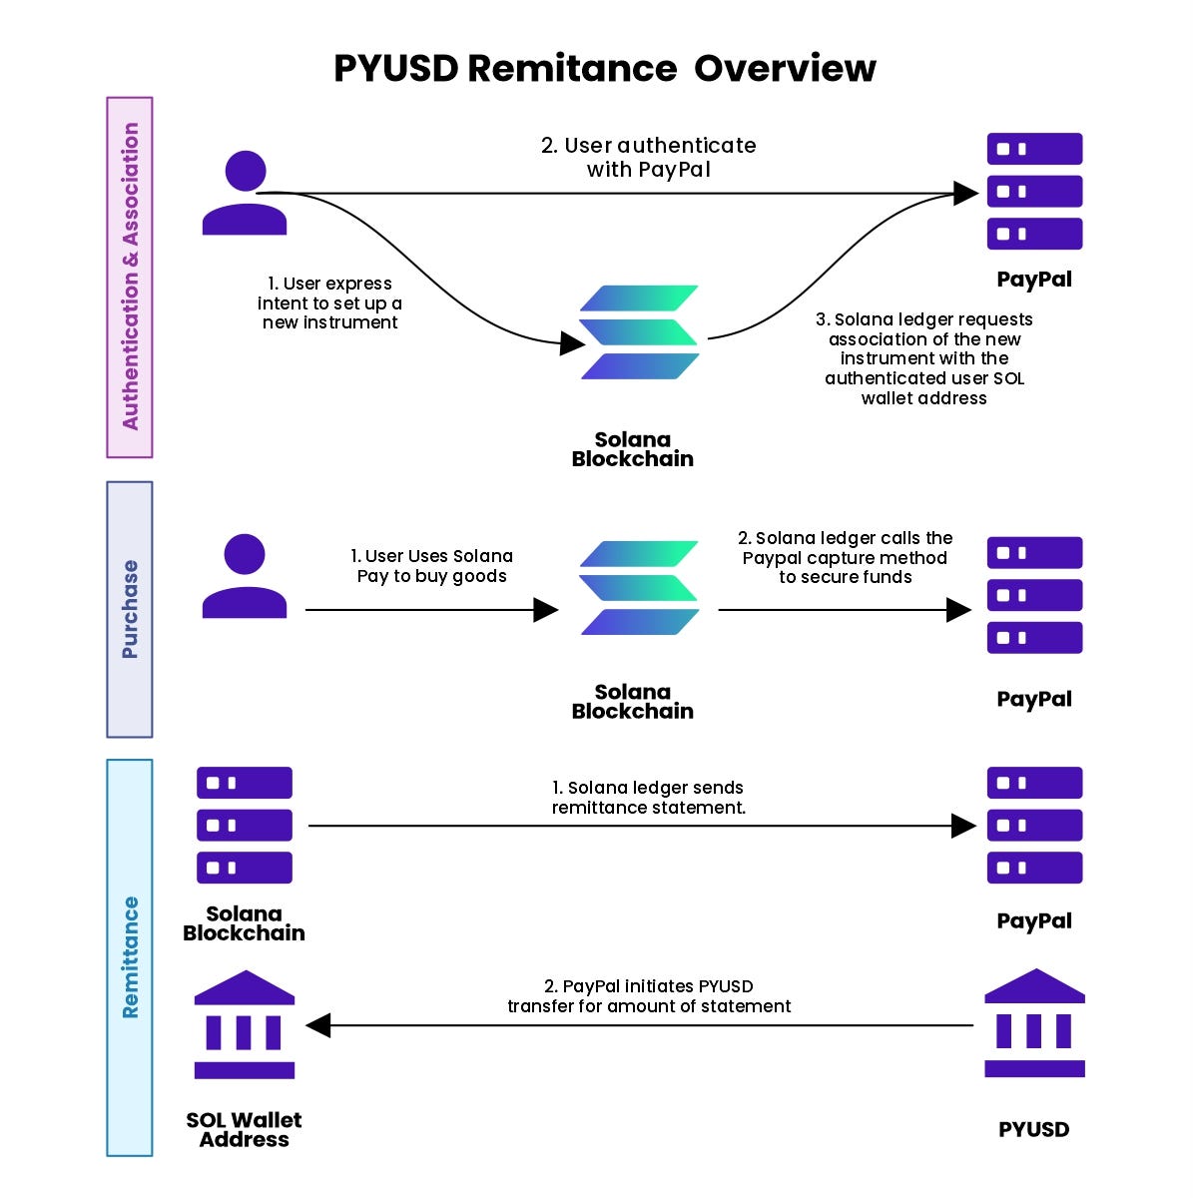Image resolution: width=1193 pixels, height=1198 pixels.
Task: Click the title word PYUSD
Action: click(395, 69)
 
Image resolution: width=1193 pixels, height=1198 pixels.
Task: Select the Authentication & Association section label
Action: click(130, 277)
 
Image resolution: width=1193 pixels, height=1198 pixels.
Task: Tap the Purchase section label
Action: click(130, 609)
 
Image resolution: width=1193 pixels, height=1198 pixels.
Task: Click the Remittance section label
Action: click(130, 956)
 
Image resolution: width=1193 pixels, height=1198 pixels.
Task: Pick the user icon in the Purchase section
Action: click(245, 576)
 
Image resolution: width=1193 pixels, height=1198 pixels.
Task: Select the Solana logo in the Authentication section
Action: click(639, 332)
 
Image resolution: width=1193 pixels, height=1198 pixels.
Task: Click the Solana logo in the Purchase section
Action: click(639, 588)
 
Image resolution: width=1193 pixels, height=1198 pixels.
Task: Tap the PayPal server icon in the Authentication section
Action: click(1034, 191)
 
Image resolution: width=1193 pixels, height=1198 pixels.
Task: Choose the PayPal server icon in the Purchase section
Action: click(1034, 595)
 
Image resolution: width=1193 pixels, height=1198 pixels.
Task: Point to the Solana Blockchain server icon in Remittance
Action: click(245, 825)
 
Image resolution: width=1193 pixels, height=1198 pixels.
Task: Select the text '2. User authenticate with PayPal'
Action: click(649, 158)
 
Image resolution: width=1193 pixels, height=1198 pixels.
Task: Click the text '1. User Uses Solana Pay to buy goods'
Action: click(432, 566)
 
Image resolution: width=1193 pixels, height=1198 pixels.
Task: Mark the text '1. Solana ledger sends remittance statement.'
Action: click(649, 798)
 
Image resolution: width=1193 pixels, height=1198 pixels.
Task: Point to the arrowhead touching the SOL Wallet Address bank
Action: click(318, 1025)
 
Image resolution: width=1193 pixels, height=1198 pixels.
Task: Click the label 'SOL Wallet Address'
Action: click(245, 1130)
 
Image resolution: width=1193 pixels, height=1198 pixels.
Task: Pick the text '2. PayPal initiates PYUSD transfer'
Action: click(649, 996)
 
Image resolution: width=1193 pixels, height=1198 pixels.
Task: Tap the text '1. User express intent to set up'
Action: click(330, 302)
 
